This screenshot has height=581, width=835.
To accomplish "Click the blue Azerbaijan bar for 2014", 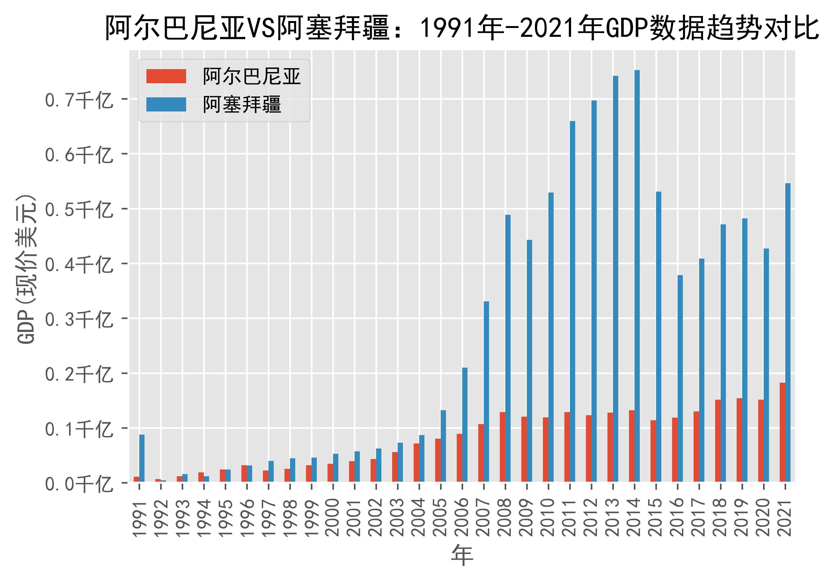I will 637,276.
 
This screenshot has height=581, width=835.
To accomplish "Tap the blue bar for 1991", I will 142,458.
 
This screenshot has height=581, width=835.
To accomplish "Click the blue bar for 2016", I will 680,378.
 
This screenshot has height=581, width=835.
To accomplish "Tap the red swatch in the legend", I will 166,77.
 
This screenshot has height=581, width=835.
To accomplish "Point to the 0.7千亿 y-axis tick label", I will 78,100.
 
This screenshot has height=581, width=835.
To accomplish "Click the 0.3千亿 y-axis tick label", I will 78,320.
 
